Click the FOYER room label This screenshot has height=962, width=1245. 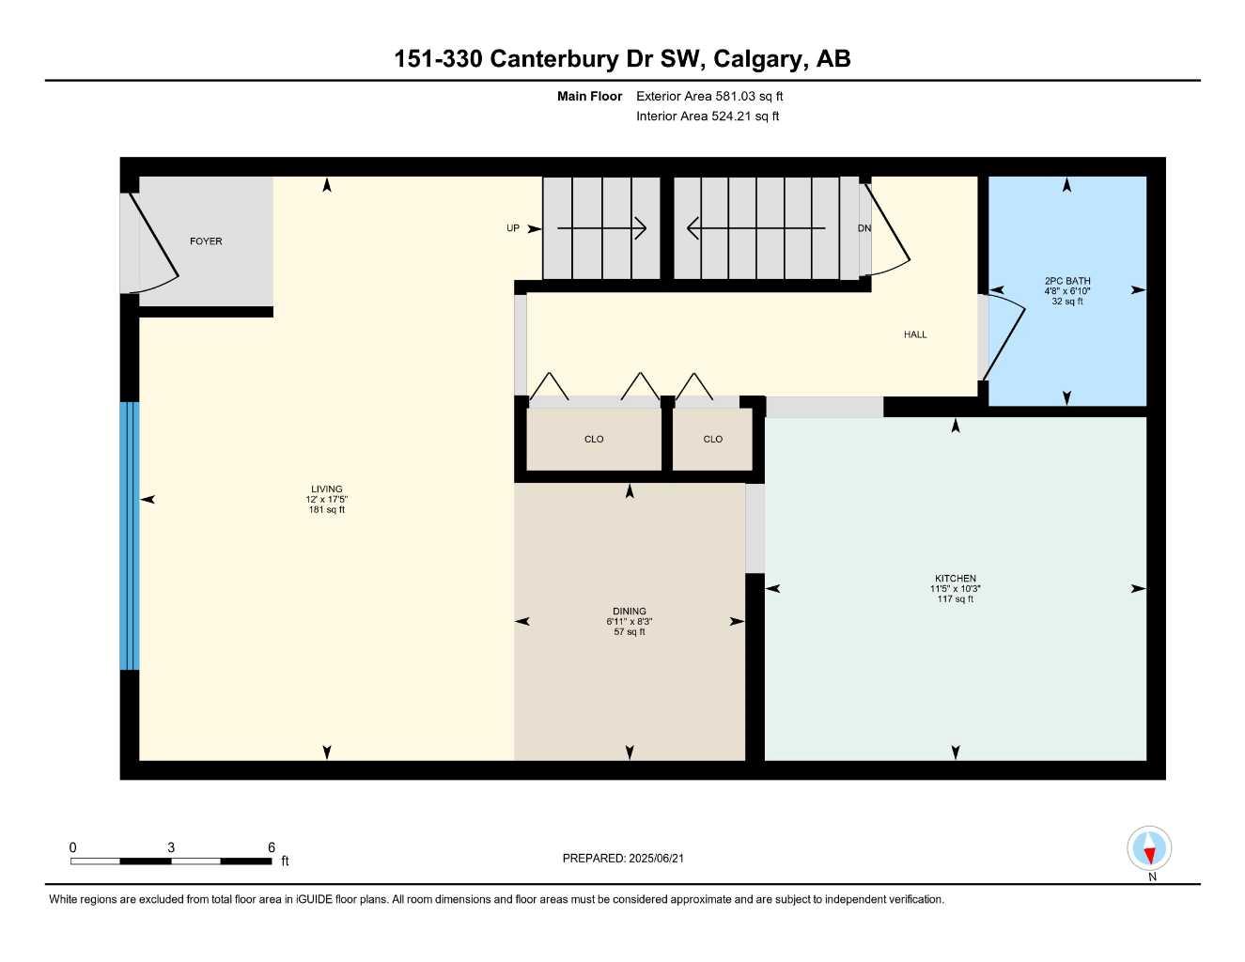206,241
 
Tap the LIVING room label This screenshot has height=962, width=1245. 327,489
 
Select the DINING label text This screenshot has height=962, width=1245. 630,611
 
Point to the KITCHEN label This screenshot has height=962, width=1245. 955,579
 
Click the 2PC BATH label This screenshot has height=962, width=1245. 1067,281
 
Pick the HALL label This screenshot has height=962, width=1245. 915,334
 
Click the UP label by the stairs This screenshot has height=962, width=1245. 513,228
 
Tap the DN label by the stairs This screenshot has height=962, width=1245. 864,228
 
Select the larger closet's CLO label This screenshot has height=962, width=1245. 594,439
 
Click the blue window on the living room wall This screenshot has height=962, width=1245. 130,535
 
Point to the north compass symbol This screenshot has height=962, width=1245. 1150,849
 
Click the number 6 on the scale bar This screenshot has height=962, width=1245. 271,847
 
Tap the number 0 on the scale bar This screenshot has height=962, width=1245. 72,847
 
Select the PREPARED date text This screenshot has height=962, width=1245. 630,858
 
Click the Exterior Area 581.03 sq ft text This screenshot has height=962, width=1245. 709,96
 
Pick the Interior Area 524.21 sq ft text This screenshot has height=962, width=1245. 708,116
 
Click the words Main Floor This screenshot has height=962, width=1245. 589,96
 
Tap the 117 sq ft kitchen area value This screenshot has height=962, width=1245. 955,598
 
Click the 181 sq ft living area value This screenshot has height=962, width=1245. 327,510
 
